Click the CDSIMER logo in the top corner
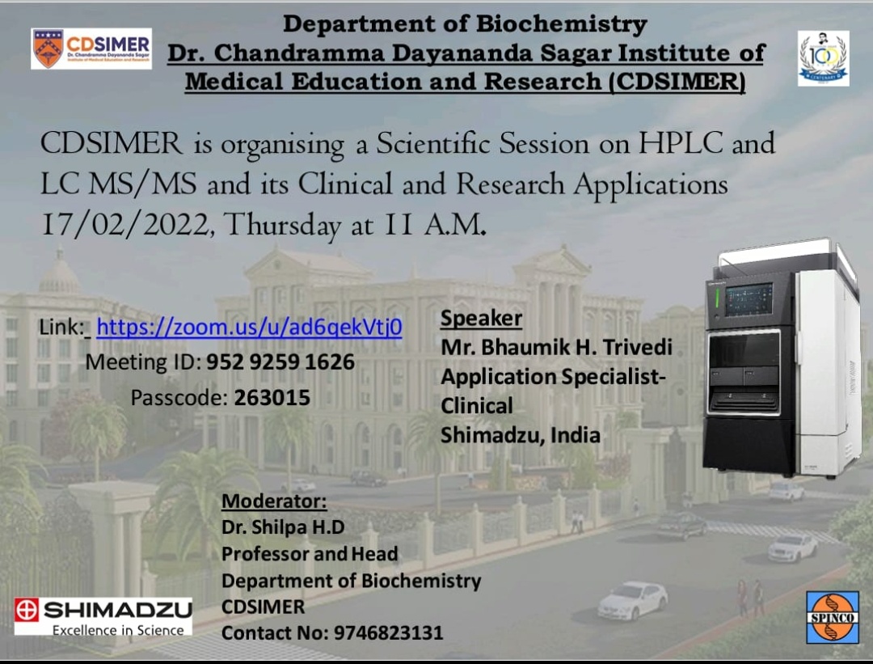(x=91, y=49)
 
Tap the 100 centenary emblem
(x=823, y=58)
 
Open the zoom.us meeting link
(x=249, y=327)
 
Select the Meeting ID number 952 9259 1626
(x=280, y=362)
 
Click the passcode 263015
(x=272, y=398)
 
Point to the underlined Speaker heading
(x=481, y=318)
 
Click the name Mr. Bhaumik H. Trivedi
(x=557, y=347)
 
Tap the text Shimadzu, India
(x=521, y=435)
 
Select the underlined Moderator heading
(x=274, y=501)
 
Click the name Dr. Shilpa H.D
(x=283, y=527)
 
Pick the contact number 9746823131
(x=389, y=632)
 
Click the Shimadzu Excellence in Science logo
(x=103, y=616)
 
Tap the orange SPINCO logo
(x=833, y=617)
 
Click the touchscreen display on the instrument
(x=749, y=299)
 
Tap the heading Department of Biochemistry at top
(x=466, y=24)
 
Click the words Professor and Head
(x=310, y=554)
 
